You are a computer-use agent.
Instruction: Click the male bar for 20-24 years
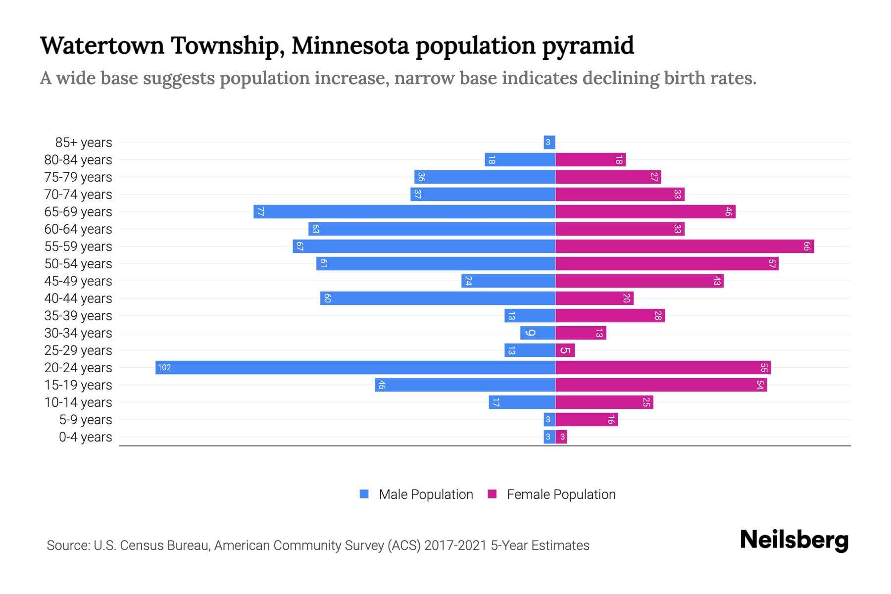(355, 367)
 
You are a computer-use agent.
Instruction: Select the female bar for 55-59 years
(685, 246)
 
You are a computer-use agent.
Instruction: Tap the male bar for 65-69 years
(404, 211)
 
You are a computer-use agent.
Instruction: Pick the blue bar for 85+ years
(549, 142)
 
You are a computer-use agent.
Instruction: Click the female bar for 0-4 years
(561, 437)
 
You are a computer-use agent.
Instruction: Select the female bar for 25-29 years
(565, 350)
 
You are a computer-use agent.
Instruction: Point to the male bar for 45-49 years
(508, 281)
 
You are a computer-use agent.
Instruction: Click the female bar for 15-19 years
(661, 385)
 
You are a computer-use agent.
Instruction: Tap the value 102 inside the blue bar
(164, 367)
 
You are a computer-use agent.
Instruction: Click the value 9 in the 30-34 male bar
(531, 333)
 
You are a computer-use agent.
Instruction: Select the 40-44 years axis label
(78, 298)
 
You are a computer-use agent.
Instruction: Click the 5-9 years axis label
(86, 419)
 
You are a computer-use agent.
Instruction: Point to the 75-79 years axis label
(78, 177)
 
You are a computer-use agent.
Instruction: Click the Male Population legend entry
(426, 494)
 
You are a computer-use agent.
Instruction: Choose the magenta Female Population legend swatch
(492, 494)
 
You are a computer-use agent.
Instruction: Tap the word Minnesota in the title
(350, 46)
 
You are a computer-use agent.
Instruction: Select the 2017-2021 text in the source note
(455, 545)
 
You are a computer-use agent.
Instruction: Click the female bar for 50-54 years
(667, 263)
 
